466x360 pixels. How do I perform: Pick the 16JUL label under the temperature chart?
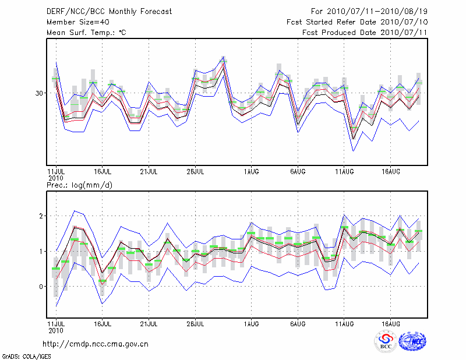(103, 172)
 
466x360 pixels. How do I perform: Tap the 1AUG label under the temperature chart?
(251, 172)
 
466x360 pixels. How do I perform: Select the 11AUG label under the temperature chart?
(344, 172)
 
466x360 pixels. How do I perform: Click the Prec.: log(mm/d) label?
(79, 185)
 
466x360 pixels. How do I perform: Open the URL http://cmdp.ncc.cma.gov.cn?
(96, 344)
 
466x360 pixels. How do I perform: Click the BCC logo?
(386, 342)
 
